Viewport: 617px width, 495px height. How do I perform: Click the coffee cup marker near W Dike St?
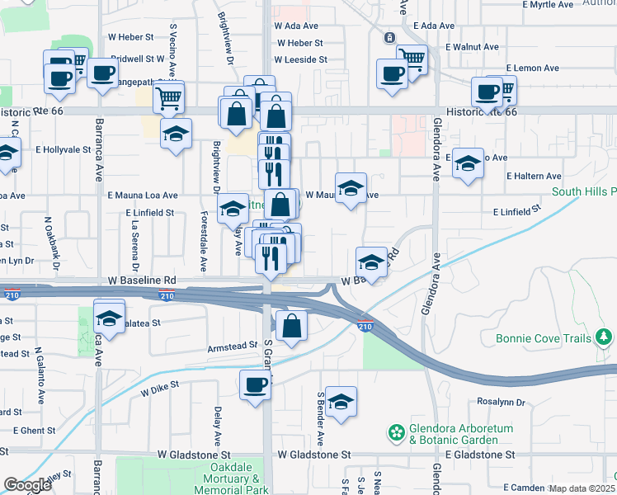[x=255, y=384]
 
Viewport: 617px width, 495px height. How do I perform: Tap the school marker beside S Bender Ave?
[x=341, y=402]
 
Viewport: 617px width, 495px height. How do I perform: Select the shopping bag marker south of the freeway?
[x=291, y=325]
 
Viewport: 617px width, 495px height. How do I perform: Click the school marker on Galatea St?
[x=109, y=318]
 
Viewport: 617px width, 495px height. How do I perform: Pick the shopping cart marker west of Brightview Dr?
[x=168, y=97]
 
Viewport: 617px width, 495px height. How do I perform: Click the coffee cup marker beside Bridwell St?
[x=102, y=73]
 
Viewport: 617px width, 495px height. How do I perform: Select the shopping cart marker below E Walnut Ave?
[x=412, y=59]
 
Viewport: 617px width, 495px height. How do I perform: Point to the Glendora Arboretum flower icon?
[x=398, y=431]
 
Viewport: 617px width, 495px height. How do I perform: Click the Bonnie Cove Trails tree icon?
[x=605, y=337]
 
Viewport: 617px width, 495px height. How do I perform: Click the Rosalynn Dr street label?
[x=502, y=403]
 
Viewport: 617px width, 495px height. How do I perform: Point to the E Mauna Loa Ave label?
[x=143, y=196]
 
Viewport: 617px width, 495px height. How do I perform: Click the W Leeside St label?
[x=301, y=59]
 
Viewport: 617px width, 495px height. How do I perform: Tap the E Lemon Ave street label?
[x=533, y=68]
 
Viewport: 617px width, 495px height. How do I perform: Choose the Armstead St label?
[x=233, y=347]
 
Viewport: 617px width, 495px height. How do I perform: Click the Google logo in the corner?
[x=27, y=485]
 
